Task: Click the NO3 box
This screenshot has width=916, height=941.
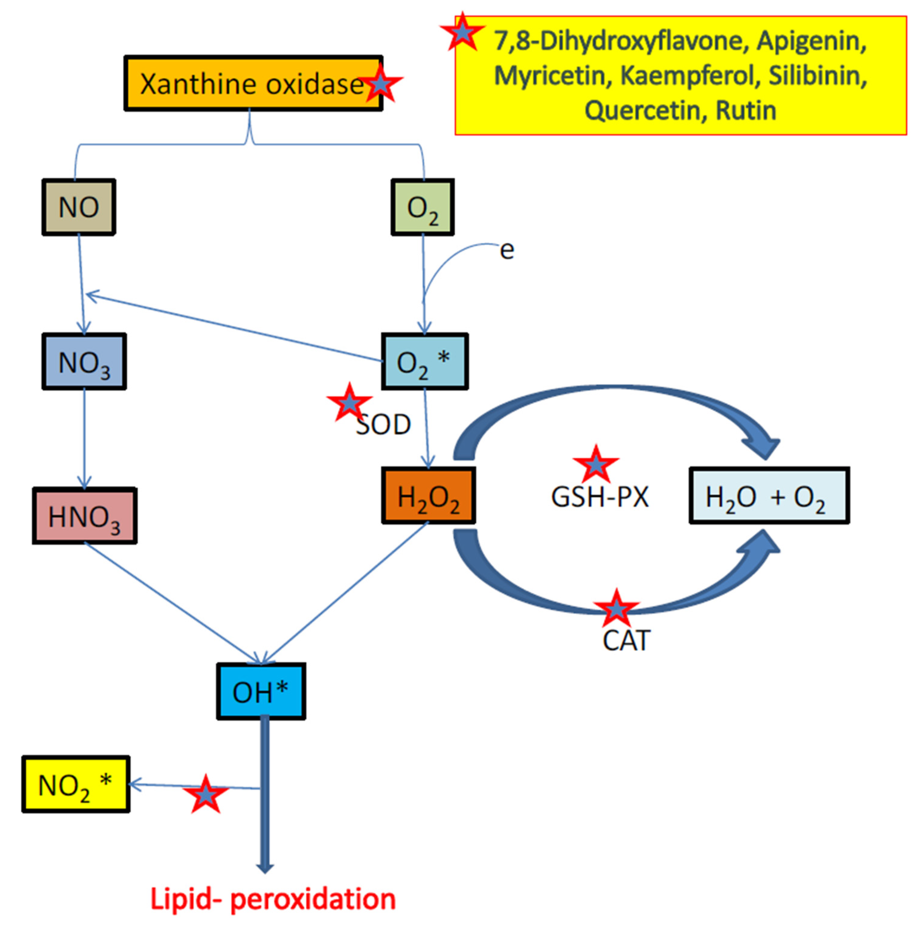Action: click(84, 361)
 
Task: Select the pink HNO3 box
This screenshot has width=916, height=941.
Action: click(85, 516)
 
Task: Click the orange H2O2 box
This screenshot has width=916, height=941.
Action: click(429, 496)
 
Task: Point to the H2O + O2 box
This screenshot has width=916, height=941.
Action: click(769, 496)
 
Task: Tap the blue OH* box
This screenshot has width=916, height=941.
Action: click(261, 691)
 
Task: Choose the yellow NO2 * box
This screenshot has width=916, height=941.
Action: click(76, 784)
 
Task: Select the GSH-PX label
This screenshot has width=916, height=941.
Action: click(600, 497)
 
